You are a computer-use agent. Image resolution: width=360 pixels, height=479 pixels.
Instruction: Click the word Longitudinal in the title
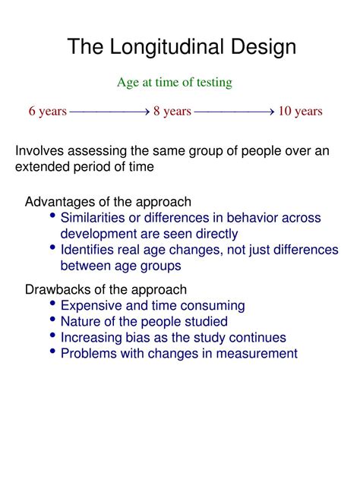click(167, 47)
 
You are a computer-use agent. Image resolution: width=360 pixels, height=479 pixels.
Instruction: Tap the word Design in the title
click(263, 46)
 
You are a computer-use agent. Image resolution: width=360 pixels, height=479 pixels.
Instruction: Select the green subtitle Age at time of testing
click(175, 83)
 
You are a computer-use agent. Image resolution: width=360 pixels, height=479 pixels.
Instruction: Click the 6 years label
click(47, 111)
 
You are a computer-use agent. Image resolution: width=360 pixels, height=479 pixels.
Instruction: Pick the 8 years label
click(172, 111)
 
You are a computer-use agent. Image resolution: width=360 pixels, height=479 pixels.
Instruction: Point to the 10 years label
click(300, 111)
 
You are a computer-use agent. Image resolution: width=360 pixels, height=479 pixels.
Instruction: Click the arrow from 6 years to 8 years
click(109, 112)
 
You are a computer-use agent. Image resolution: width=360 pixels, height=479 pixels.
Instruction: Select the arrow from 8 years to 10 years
click(234, 112)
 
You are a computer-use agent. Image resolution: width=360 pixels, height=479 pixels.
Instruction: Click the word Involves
click(39, 150)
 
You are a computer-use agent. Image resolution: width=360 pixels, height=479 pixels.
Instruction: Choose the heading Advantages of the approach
click(108, 202)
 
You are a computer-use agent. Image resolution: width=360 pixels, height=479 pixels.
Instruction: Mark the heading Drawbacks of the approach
click(106, 289)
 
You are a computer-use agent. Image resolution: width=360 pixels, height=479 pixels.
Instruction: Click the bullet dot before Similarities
click(52, 216)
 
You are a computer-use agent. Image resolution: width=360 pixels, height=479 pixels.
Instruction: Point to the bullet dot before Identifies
click(52, 247)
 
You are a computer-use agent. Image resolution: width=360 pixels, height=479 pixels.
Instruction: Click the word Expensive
click(91, 306)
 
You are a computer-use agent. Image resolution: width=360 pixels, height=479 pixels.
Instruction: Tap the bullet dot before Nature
click(52, 320)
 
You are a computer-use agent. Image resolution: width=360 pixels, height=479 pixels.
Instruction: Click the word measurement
click(257, 354)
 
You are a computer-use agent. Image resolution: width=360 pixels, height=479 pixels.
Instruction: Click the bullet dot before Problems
click(52, 351)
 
